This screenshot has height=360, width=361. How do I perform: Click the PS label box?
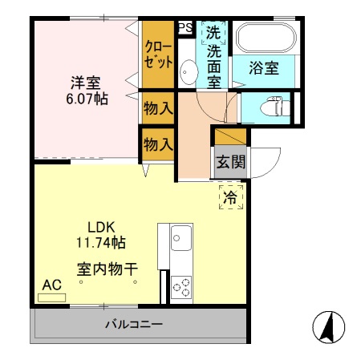coord(185,27)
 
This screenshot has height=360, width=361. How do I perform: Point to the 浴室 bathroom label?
coord(264,69)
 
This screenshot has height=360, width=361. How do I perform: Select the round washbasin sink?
coord(189,71)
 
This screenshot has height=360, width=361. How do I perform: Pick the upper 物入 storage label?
coord(158,107)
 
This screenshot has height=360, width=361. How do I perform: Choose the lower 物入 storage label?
coord(158,145)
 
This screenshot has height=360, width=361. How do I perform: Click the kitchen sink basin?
coord(180,238)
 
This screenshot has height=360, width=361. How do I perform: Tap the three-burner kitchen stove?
coord(181,285)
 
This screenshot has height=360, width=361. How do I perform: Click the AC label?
coord(52,285)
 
